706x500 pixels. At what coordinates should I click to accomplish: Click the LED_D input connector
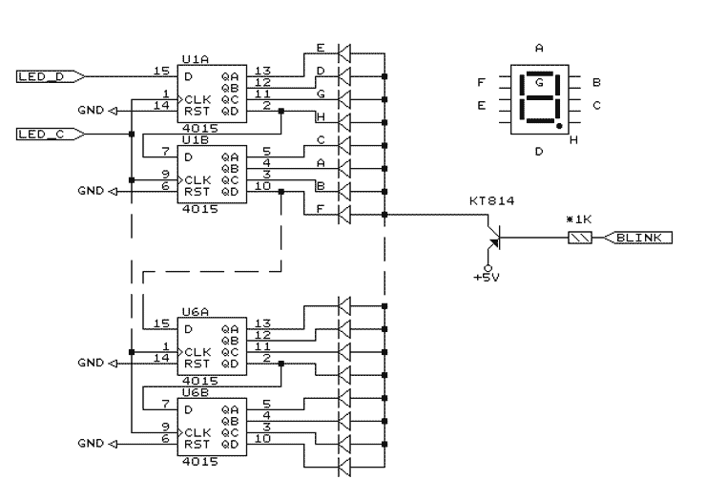(51, 76)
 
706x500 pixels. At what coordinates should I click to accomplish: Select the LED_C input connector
(51, 135)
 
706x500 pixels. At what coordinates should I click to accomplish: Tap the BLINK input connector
(637, 238)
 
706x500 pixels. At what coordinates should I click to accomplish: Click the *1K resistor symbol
(580, 238)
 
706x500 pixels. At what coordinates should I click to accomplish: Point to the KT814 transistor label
(491, 201)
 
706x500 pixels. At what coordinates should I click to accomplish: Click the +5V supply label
(487, 278)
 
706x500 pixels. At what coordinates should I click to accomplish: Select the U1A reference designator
(196, 59)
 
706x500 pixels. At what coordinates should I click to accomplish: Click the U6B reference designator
(196, 392)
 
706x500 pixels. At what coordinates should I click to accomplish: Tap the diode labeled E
(344, 53)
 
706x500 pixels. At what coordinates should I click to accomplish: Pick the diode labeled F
(344, 215)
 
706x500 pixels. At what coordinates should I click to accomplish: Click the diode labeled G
(344, 99)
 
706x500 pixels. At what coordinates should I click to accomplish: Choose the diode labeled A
(344, 169)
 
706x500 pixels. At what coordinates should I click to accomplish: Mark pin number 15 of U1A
(161, 71)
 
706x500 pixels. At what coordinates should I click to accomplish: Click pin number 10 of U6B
(263, 438)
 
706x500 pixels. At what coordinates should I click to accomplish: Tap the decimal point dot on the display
(559, 126)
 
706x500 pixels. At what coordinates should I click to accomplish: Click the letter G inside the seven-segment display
(539, 82)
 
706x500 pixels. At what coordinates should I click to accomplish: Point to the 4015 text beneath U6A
(200, 381)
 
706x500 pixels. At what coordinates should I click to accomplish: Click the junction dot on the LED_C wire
(132, 135)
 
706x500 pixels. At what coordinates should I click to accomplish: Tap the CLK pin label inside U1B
(197, 180)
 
